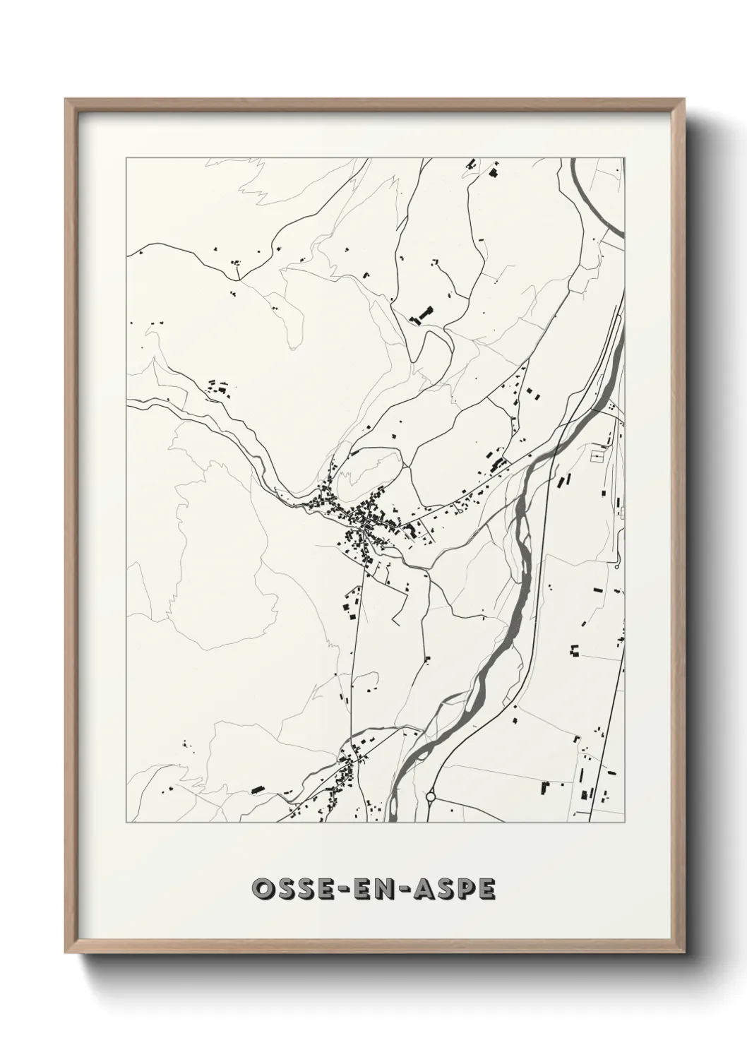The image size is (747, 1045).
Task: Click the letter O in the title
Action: click(262, 890)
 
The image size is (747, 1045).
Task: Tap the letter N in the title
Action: click(394, 890)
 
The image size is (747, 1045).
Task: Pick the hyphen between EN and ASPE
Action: click(410, 890)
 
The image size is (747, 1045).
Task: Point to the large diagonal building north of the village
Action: click(424, 313)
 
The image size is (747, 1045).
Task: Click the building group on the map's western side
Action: click(218, 388)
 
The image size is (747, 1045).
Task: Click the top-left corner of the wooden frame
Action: click(66, 100)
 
